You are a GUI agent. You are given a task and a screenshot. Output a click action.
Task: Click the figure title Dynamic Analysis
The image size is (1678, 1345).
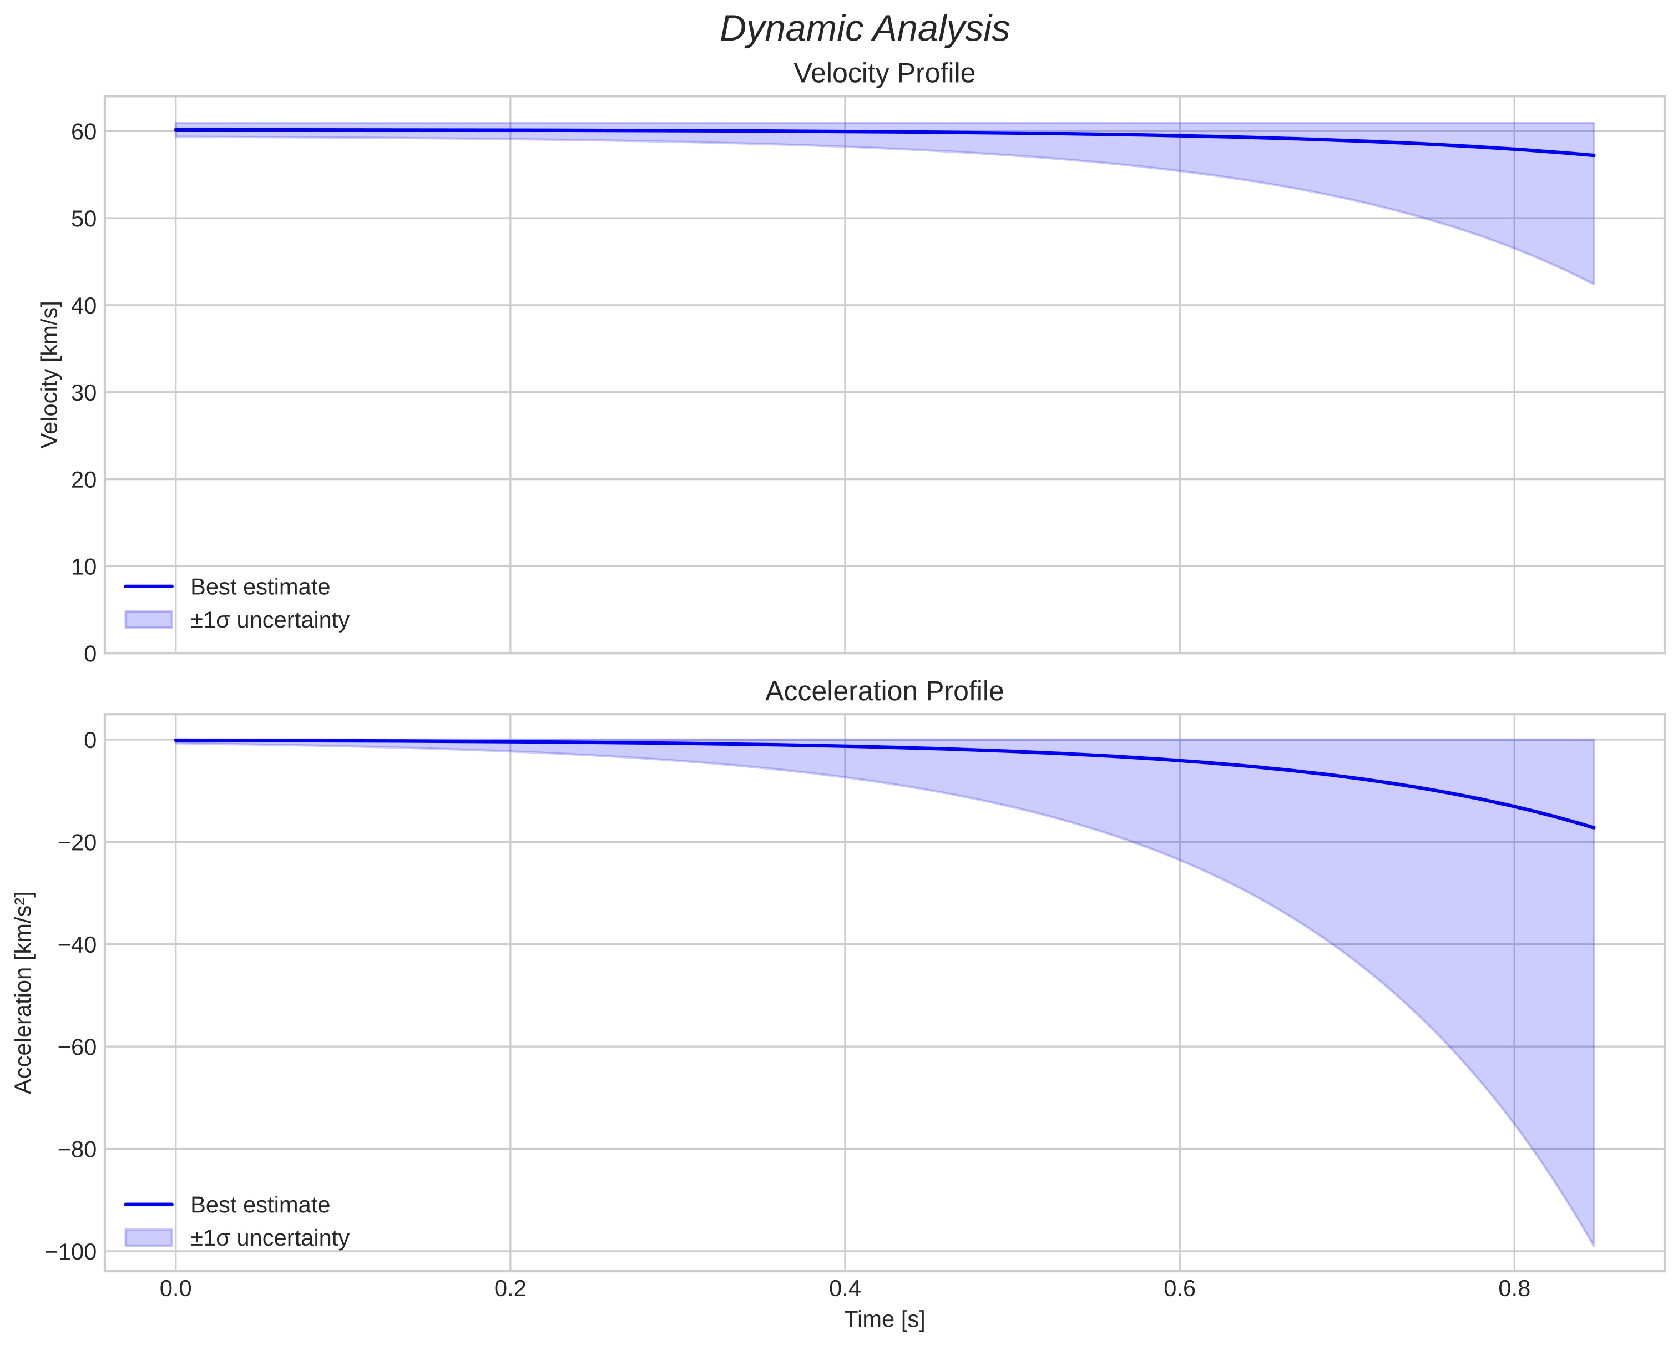click(x=864, y=29)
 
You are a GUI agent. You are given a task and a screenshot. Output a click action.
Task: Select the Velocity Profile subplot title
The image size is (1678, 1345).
click(x=883, y=74)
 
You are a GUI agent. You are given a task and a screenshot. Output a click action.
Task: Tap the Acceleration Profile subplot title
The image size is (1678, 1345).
click(x=883, y=691)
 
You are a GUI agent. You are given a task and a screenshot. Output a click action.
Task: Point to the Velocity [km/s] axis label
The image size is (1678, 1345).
click(x=50, y=375)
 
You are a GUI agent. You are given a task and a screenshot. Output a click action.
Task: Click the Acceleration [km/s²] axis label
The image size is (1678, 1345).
click(x=23, y=993)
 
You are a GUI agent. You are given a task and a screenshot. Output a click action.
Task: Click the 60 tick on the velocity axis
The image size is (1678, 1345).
click(x=84, y=132)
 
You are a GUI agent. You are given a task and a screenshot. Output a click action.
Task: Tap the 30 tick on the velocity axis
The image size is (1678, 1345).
click(x=84, y=393)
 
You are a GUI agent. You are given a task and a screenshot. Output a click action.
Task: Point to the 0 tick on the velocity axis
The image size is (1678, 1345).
click(x=90, y=654)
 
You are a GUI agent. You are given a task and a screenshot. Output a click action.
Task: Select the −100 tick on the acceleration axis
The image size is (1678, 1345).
click(x=71, y=1252)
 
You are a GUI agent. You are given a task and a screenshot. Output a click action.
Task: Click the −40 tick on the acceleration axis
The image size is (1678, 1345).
click(x=77, y=945)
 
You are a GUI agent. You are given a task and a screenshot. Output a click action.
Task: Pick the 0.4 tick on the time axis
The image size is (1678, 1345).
click(x=845, y=1289)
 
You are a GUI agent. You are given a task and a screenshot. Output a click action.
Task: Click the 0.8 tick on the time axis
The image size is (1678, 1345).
click(x=1514, y=1289)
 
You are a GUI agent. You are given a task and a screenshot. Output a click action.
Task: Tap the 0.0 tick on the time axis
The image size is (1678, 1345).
click(x=176, y=1289)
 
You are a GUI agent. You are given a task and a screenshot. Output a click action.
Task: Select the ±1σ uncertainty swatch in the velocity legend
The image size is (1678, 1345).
click(x=149, y=620)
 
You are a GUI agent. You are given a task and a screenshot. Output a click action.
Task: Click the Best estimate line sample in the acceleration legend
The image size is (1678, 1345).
click(x=149, y=1205)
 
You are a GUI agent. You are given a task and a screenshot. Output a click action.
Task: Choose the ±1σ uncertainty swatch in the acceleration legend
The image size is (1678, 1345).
click(x=149, y=1237)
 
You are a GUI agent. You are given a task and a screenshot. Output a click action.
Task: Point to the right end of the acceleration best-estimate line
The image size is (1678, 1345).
click(x=1593, y=827)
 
